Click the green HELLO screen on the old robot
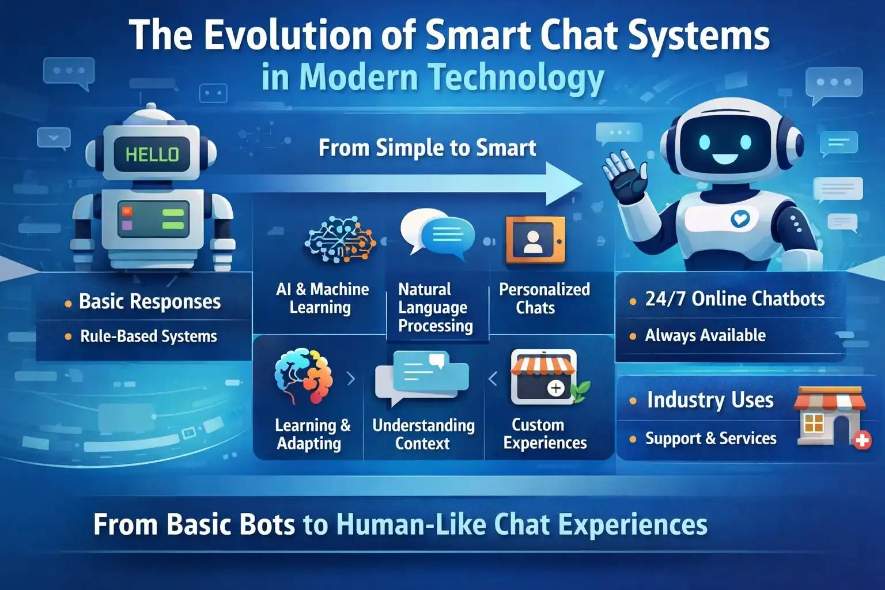click(152, 154)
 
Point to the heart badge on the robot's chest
click(740, 218)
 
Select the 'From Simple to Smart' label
click(427, 148)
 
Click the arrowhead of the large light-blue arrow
click(565, 183)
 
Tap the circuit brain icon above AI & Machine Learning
click(339, 240)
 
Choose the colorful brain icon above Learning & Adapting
click(304, 376)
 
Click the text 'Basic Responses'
click(150, 301)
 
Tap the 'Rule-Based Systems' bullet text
click(149, 336)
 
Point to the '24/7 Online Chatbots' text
click(735, 299)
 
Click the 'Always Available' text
click(705, 335)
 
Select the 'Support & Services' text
click(710, 438)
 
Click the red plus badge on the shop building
click(862, 441)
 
